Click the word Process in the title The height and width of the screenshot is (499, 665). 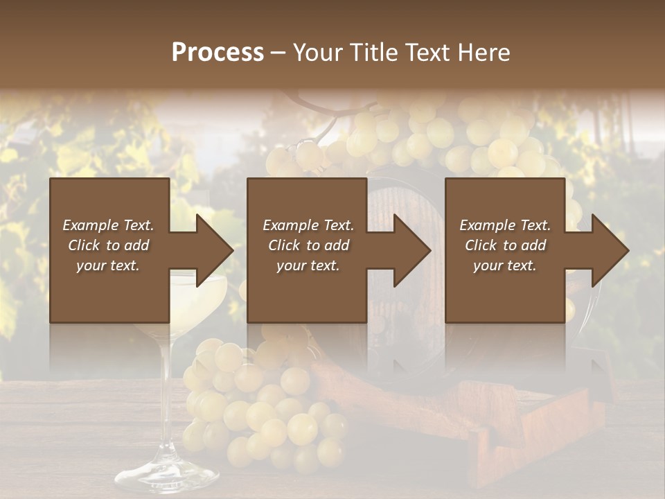[218, 52]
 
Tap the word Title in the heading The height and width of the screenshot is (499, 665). [372, 52]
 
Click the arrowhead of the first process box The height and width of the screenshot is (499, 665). [215, 250]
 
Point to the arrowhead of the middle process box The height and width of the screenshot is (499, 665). [413, 250]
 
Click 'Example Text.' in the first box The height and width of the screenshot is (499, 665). [109, 225]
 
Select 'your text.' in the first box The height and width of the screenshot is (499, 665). [109, 265]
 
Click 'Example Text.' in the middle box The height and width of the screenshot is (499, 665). [308, 225]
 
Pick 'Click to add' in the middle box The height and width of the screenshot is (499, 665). [308, 245]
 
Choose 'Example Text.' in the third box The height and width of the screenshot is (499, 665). [505, 225]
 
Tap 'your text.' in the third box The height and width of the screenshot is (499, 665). [505, 265]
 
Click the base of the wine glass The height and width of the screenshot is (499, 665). [166, 478]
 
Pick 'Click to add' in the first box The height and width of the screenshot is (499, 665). [109, 245]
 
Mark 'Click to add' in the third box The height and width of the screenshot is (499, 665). [505, 245]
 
